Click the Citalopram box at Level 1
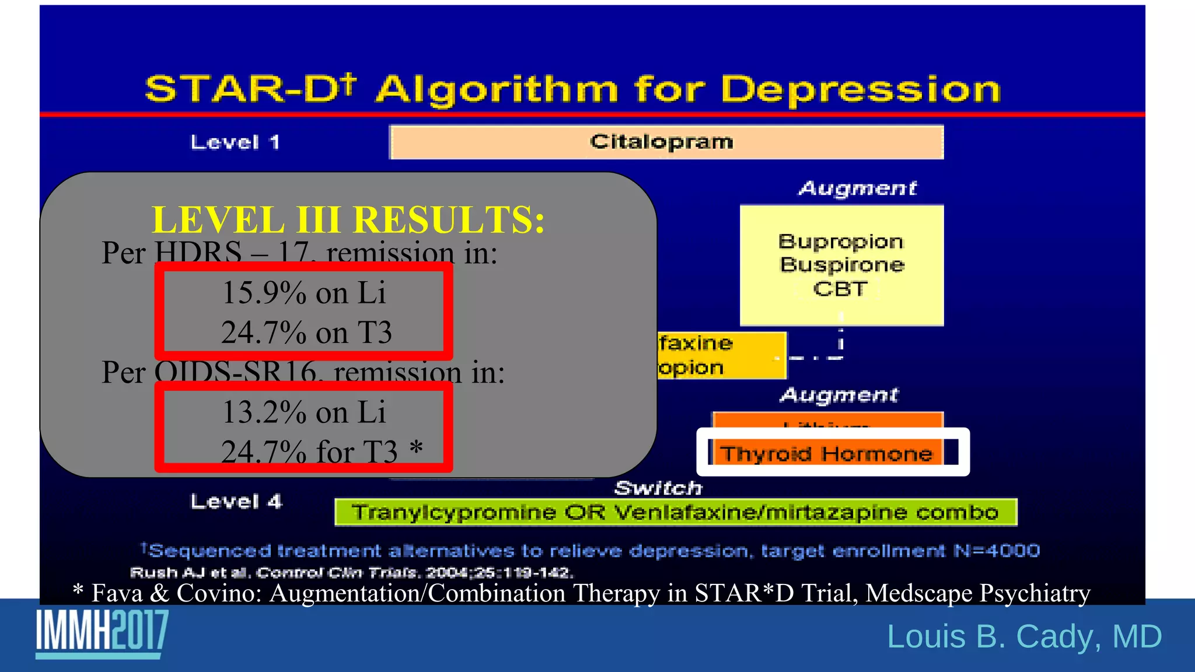666,142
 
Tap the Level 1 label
235,142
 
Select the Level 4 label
236,502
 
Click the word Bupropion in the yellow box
840,242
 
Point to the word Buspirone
842,265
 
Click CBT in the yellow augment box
840,289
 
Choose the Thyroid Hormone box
826,453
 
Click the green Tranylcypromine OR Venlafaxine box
675,512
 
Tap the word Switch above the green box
658,488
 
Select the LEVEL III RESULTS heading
348,220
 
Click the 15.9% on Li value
303,292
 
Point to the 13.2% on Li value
303,412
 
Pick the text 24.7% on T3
306,332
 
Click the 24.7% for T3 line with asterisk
321,451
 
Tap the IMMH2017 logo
102,632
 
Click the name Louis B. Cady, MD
1024,636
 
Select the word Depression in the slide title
860,90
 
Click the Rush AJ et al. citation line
351,572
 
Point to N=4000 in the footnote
996,551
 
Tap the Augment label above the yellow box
857,188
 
